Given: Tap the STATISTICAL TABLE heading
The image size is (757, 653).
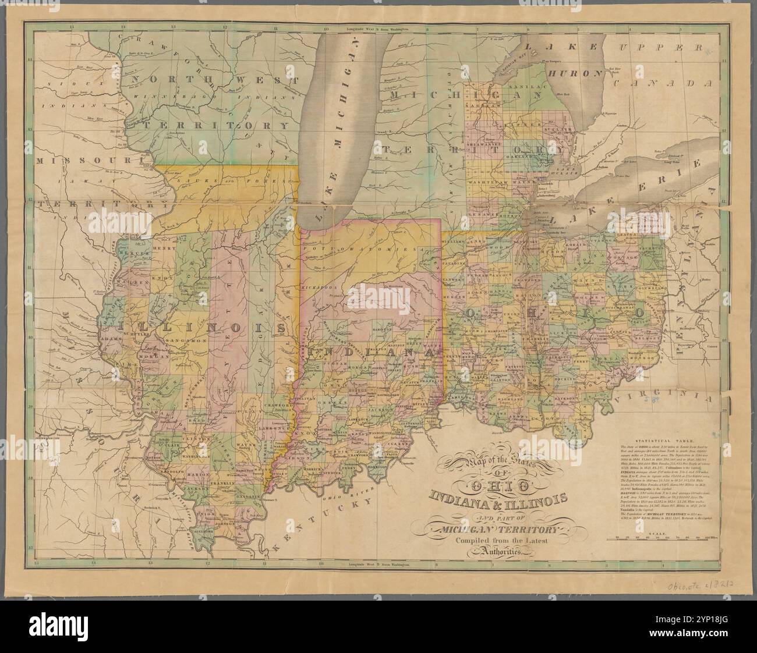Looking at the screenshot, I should [664, 442].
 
